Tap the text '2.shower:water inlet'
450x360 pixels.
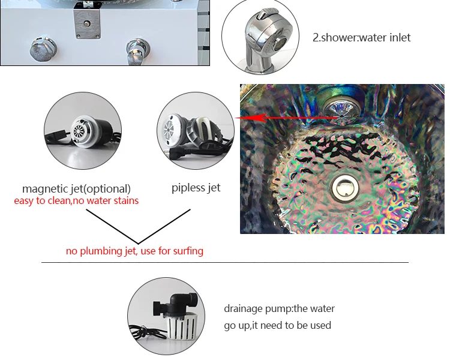[x=361, y=38]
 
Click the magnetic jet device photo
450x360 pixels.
[x=83, y=131]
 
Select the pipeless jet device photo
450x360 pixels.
[x=196, y=131]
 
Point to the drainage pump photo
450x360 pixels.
[x=166, y=316]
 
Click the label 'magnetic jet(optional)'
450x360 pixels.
[x=76, y=188]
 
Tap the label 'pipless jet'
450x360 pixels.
[x=196, y=188]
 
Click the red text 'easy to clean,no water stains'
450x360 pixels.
[x=76, y=200]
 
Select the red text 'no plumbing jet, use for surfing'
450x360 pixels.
[x=134, y=251]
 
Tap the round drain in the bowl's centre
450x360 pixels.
[x=345, y=188]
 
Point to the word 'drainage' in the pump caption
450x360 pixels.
[x=244, y=309]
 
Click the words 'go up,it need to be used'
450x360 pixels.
[x=278, y=325]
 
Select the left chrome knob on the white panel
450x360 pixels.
[x=43, y=49]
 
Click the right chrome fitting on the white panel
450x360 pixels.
[x=137, y=51]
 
